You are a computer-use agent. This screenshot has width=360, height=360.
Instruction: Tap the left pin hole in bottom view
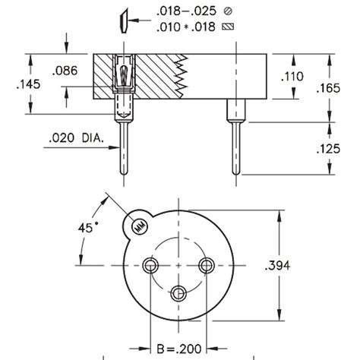tap(150, 265)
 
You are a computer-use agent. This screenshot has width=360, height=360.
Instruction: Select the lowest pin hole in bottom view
tap(178, 293)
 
